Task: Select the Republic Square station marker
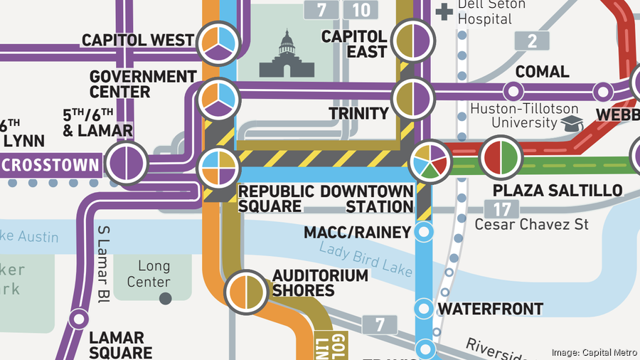coord(218,168)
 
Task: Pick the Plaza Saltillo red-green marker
coord(501,159)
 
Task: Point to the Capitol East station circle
coord(412,40)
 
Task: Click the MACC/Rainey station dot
coord(425,232)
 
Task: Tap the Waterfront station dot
coord(425,309)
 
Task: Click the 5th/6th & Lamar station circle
coord(127,164)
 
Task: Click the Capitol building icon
coord(287,54)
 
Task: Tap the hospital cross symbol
coord(445,11)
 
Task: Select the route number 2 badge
coord(533,41)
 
